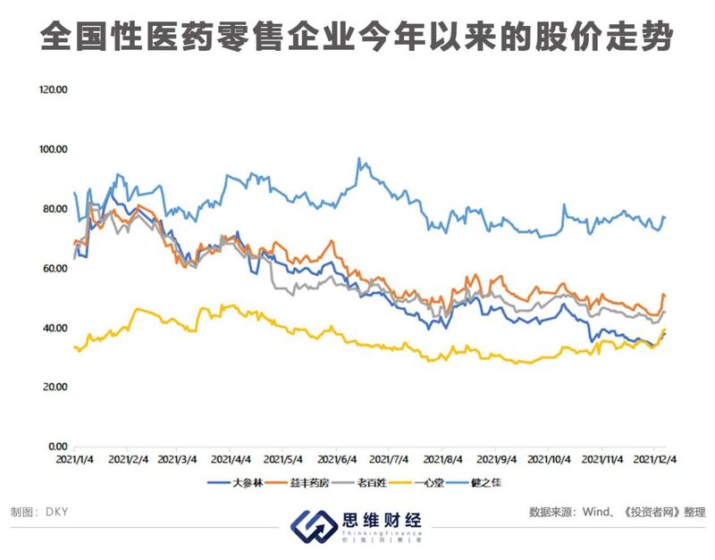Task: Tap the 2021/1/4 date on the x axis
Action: tap(77, 461)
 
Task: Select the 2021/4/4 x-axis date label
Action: tap(231, 461)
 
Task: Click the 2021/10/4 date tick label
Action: tap(549, 461)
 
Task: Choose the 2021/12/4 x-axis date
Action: tap(654, 461)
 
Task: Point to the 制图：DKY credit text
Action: tap(40, 514)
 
